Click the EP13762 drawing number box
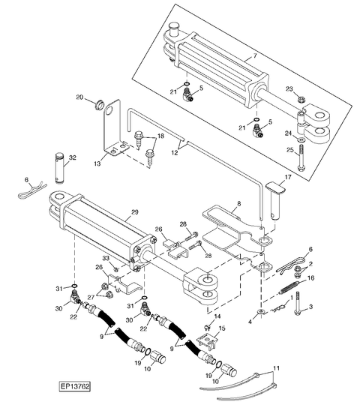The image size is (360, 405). (x=75, y=386)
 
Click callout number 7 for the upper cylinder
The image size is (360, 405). (x=255, y=55)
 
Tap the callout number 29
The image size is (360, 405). (x=135, y=212)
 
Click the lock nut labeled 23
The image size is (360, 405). (x=301, y=99)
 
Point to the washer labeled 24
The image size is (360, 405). (x=301, y=139)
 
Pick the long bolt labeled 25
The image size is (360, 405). (x=301, y=157)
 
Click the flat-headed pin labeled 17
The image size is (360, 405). (x=275, y=200)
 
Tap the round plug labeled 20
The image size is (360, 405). (x=99, y=105)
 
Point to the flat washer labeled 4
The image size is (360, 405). (x=261, y=311)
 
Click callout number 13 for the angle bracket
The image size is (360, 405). (x=97, y=163)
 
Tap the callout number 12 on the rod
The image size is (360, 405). (x=175, y=153)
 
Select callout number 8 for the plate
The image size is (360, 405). (x=239, y=203)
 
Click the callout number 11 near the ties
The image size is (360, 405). (x=276, y=368)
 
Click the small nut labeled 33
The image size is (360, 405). (x=116, y=270)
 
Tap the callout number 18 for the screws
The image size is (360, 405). (x=161, y=136)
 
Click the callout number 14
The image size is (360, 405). (x=217, y=316)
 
